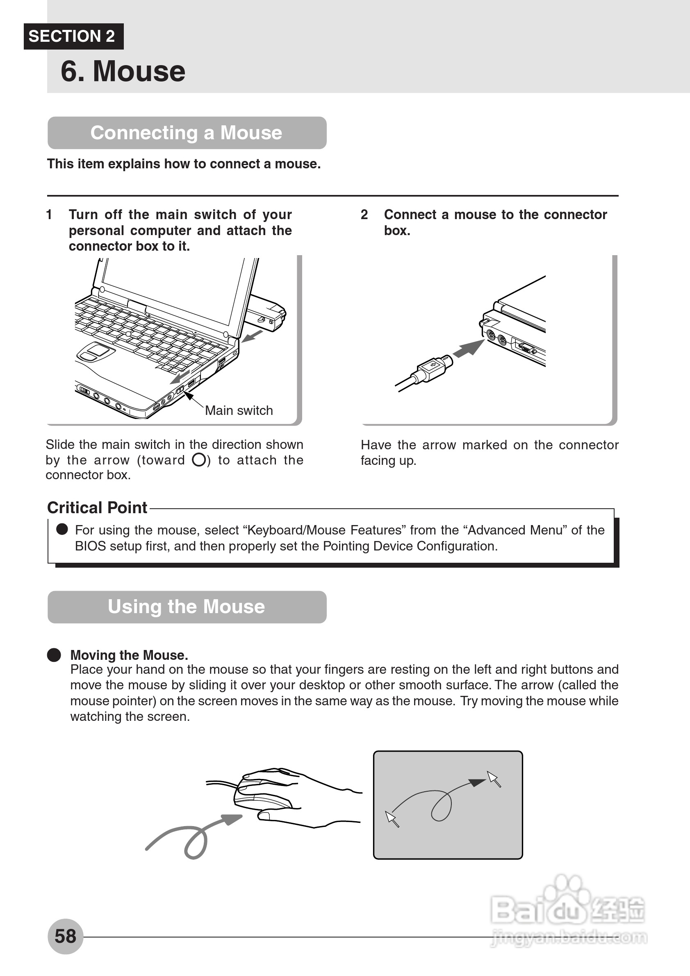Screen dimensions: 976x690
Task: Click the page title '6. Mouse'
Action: coord(123,71)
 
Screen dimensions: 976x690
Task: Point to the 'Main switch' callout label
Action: coord(239,410)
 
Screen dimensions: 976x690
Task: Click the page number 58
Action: coord(65,936)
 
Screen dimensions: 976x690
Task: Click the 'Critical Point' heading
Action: coord(97,507)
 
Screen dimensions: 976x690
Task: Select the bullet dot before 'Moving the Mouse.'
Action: coord(54,655)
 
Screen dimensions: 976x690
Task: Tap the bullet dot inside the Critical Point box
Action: coord(62,529)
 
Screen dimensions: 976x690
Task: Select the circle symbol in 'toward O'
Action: coord(199,460)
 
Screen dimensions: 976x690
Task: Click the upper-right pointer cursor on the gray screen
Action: coord(494,779)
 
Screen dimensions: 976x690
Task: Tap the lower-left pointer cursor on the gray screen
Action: coord(392,819)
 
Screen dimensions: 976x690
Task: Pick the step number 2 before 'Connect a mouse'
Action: coord(364,215)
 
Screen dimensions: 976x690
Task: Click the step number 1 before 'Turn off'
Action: coord(49,215)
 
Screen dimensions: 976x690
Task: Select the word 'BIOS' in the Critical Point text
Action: coord(90,546)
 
